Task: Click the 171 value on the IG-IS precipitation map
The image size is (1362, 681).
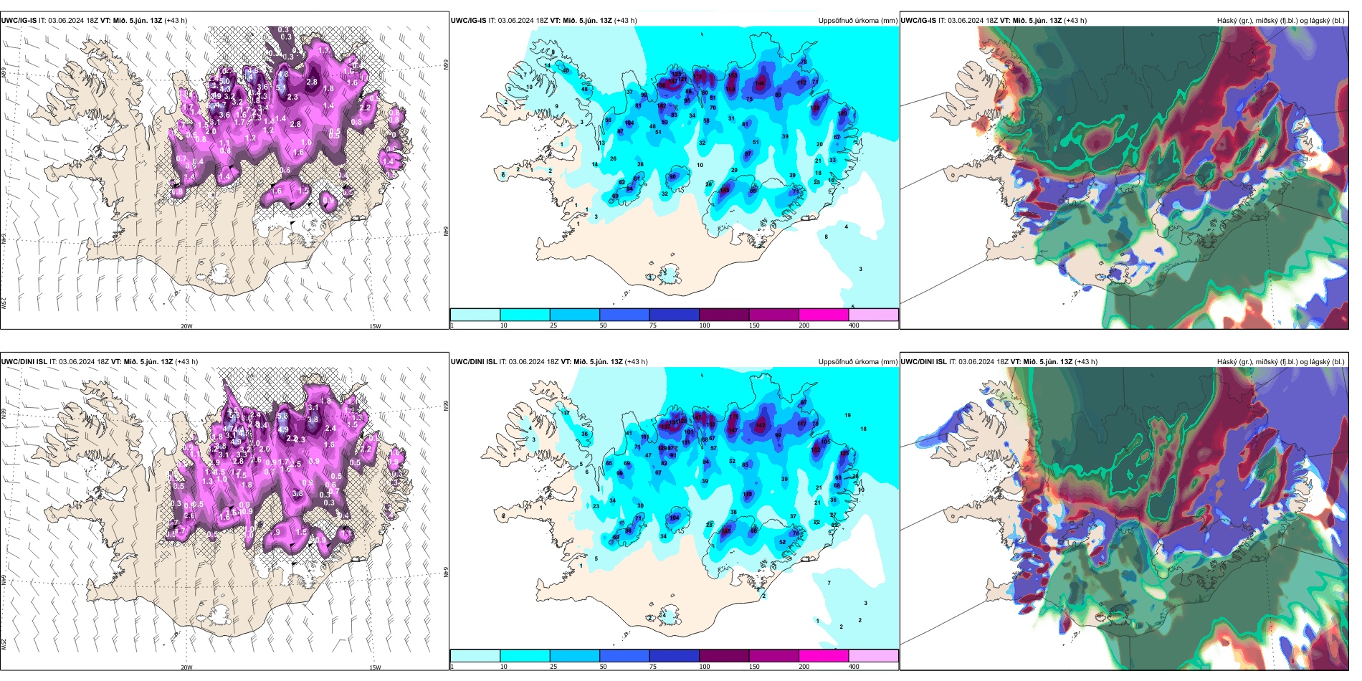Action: tap(698, 75)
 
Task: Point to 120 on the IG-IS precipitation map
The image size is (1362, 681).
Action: tap(842, 113)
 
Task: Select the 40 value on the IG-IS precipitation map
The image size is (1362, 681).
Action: tap(566, 70)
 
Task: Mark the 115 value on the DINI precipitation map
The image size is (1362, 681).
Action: tap(748, 494)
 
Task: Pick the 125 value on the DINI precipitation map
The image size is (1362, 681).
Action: tap(844, 453)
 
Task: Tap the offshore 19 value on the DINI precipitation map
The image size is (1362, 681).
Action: tap(848, 415)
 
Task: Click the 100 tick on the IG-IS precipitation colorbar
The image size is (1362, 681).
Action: tap(705, 325)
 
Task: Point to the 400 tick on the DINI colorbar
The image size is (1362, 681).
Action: tap(854, 667)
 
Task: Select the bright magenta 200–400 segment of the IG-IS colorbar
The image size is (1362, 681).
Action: tap(824, 315)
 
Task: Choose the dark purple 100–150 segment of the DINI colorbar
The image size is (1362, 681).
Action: tap(724, 656)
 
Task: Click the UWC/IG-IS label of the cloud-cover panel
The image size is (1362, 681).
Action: tap(918, 21)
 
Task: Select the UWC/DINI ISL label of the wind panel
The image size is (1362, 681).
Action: tap(24, 362)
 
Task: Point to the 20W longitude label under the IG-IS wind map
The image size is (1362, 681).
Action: tap(186, 326)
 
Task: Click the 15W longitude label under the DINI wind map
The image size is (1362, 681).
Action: tap(375, 667)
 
